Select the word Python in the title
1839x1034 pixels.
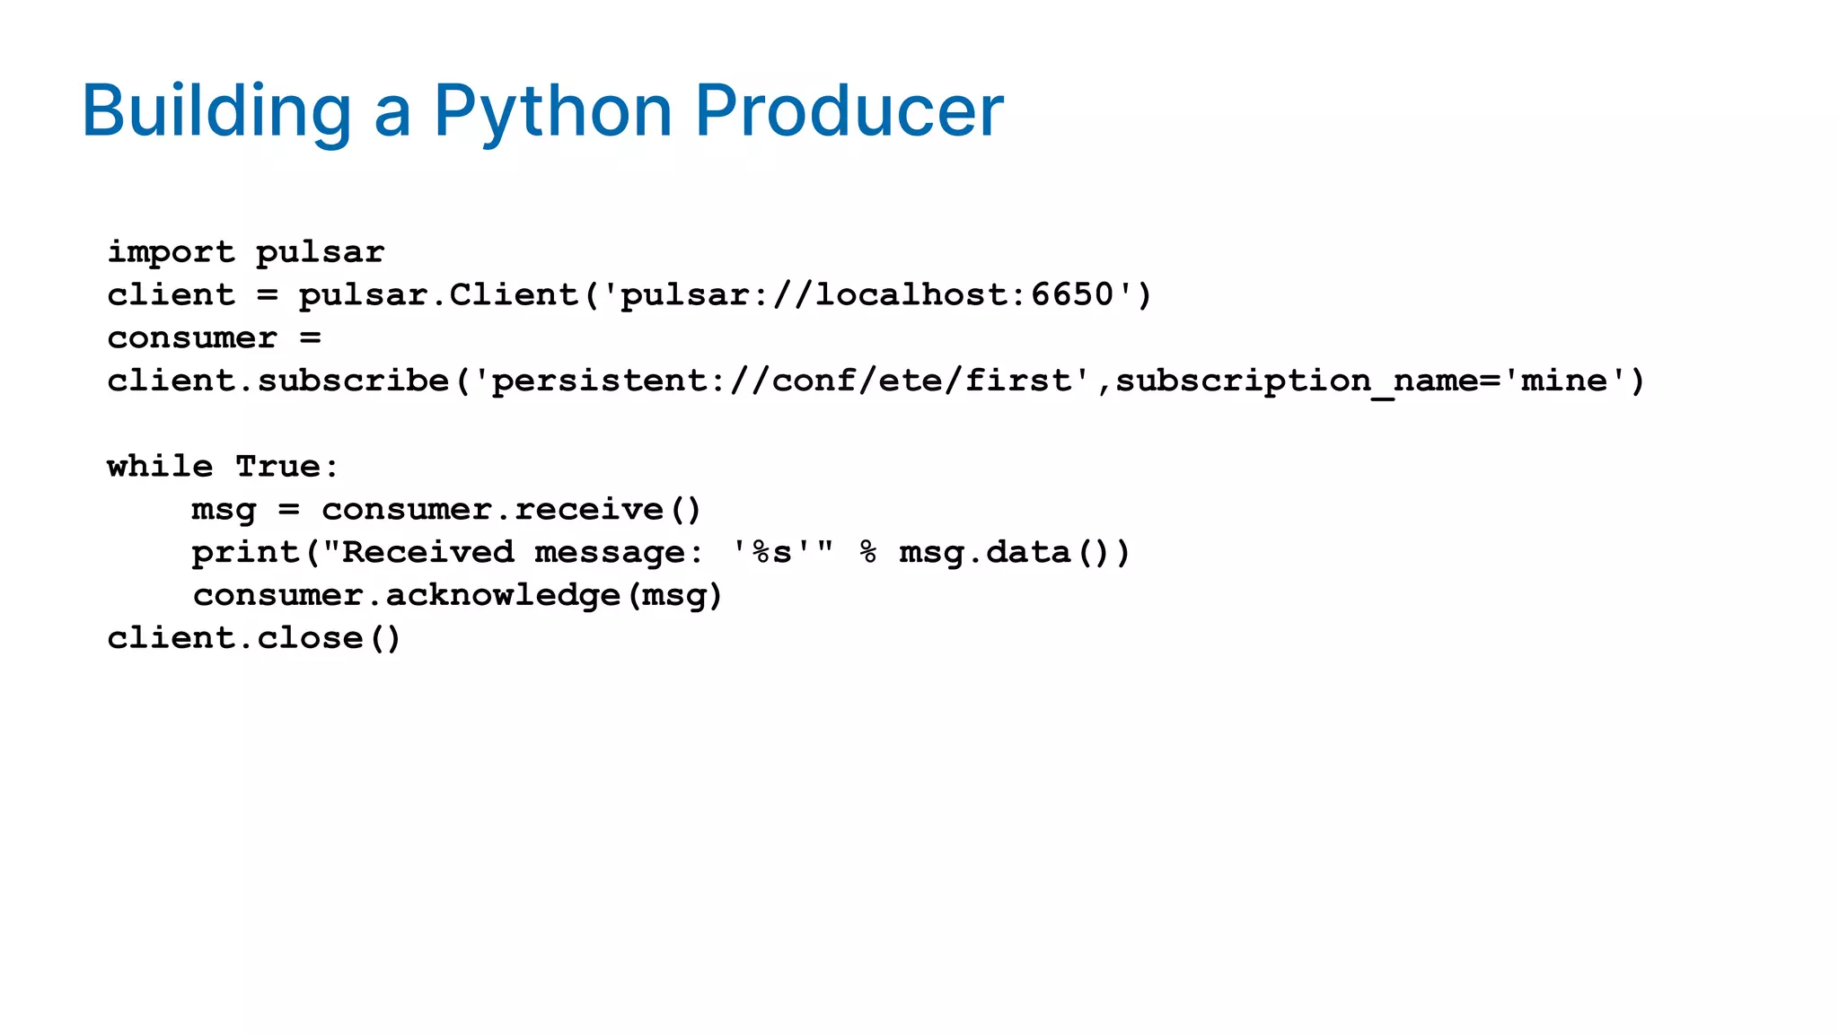[x=553, y=111]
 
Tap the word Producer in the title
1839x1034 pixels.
[x=849, y=111]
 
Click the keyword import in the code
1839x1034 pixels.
[x=171, y=252]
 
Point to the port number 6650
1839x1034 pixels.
[x=1072, y=294]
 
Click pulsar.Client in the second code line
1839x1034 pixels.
[x=438, y=294]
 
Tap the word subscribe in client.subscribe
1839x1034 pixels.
[x=353, y=381]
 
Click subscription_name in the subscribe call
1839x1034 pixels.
[x=1297, y=381]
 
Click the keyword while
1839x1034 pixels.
[x=160, y=467]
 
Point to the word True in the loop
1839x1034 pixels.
[x=277, y=467]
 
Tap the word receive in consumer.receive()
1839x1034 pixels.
[x=589, y=510]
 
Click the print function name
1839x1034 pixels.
[x=245, y=553]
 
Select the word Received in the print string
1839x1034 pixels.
[x=428, y=553]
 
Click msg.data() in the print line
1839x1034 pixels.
[x=1014, y=553]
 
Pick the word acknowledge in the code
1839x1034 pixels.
[x=503, y=595]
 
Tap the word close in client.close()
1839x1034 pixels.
[x=309, y=638]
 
